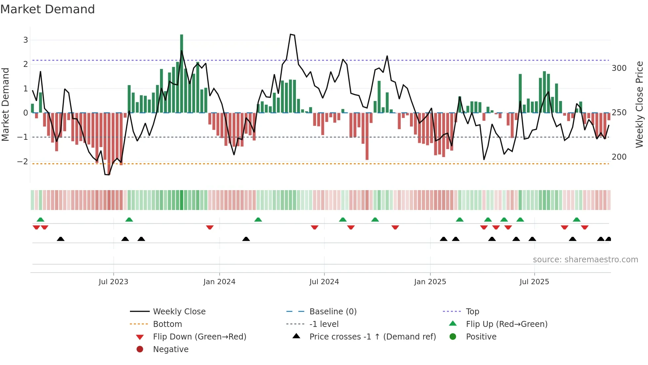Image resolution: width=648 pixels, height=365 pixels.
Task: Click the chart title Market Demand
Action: (x=48, y=9)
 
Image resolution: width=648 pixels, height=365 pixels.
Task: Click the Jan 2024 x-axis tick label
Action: (x=219, y=282)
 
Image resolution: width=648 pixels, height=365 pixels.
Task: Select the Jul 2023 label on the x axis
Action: (x=113, y=282)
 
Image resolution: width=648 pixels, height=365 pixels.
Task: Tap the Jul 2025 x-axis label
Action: (x=534, y=282)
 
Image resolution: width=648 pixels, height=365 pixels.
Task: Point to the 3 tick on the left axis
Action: (x=25, y=40)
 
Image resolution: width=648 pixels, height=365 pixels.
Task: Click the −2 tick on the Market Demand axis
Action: (x=23, y=162)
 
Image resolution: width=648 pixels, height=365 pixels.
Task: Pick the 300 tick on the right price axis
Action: (x=619, y=68)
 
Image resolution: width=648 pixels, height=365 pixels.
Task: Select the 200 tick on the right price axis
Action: (x=619, y=157)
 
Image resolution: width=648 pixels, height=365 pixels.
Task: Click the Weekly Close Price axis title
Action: (x=639, y=104)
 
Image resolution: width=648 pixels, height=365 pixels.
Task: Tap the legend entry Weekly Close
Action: (x=179, y=312)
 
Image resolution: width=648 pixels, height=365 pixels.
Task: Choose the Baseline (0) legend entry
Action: (x=333, y=312)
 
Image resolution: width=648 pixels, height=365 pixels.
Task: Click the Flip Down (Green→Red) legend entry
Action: (x=199, y=337)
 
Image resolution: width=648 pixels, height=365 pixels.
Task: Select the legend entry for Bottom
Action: (x=167, y=324)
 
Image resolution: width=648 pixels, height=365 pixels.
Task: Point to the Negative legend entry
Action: (x=171, y=349)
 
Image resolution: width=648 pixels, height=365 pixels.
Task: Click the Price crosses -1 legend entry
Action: (x=372, y=337)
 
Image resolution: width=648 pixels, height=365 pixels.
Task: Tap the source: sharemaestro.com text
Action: (x=585, y=260)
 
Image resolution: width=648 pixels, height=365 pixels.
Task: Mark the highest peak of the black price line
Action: (x=291, y=34)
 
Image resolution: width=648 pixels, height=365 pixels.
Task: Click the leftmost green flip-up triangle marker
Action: (x=40, y=220)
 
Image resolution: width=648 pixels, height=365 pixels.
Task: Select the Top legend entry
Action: (x=472, y=312)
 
